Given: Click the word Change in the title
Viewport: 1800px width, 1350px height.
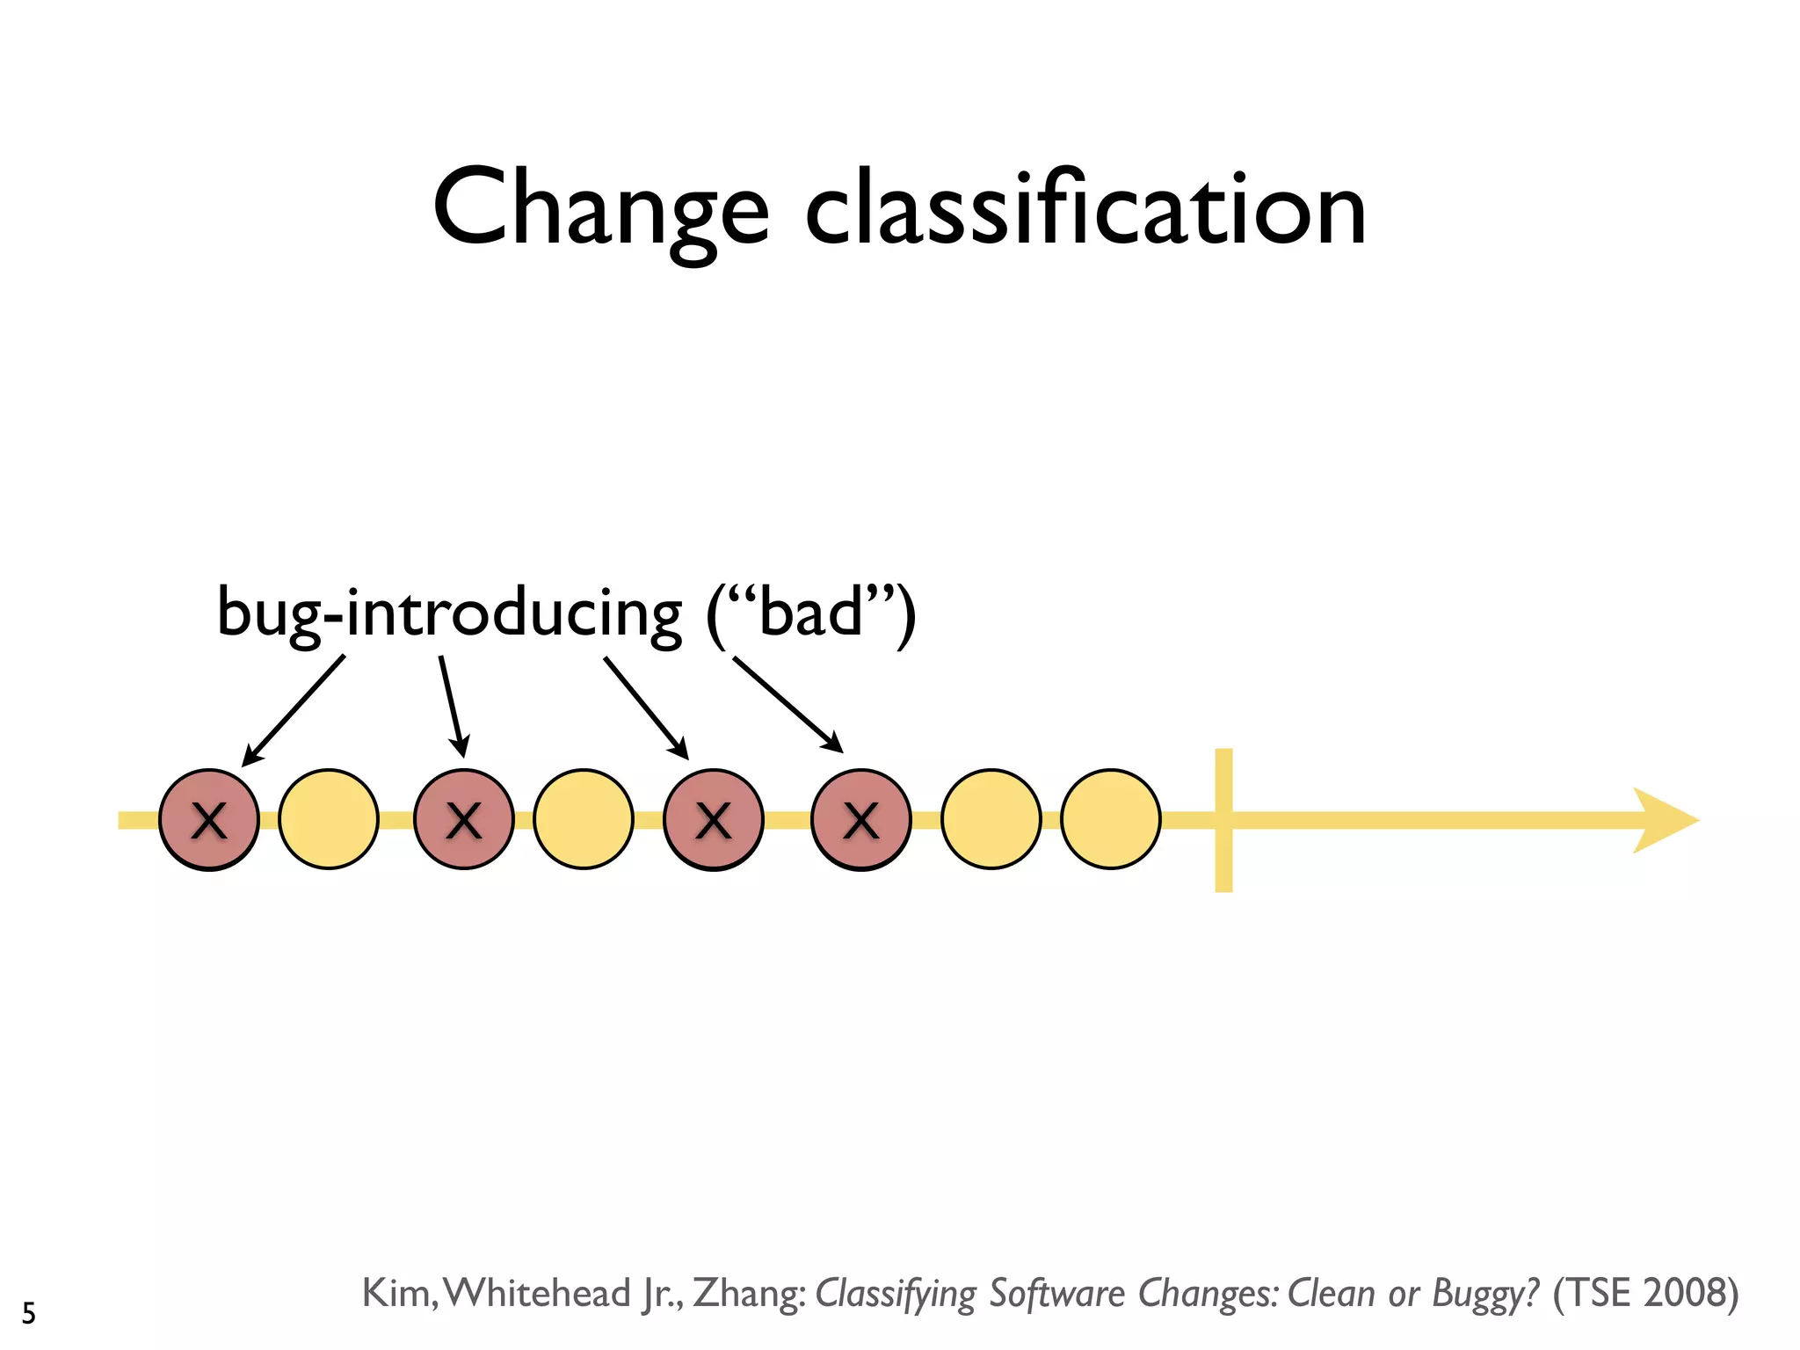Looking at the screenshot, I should click(600, 211).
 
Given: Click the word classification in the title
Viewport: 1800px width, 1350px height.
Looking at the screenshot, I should click(1085, 211).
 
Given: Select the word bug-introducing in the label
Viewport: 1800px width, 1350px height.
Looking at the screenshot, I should click(448, 613).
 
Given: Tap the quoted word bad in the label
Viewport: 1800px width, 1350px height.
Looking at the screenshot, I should click(810, 612).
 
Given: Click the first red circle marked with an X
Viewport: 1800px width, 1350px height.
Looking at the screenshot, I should click(209, 820).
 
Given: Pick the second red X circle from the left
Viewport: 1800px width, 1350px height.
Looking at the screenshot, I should click(464, 820).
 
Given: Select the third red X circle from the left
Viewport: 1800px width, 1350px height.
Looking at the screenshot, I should click(714, 820).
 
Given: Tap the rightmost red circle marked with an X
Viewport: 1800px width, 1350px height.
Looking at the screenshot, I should click(861, 820).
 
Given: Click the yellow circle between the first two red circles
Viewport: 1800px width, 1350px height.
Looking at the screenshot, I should click(329, 820).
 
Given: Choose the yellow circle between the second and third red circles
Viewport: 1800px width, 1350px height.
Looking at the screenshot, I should click(584, 820).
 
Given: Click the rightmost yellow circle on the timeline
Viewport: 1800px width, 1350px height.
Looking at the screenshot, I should click(1111, 820).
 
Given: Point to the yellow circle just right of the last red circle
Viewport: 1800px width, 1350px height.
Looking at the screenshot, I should click(991, 820).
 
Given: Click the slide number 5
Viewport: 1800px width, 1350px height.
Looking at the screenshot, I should click(29, 1313).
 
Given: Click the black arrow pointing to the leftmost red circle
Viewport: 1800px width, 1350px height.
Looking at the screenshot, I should click(293, 710).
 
